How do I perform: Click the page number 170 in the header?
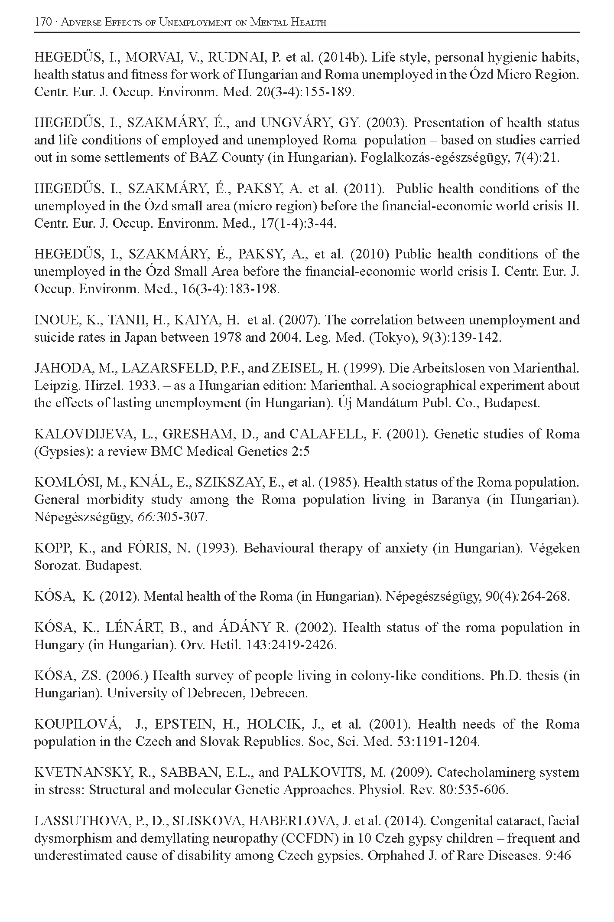43,22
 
